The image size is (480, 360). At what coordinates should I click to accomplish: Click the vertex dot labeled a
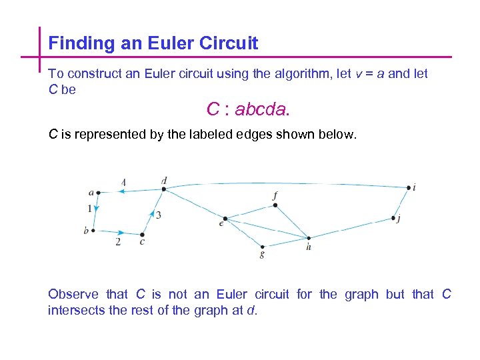tap(98, 193)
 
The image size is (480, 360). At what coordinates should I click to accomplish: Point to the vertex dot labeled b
tap(93, 231)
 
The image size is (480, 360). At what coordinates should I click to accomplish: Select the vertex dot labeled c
tap(143, 235)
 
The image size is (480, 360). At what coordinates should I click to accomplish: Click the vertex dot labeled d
tap(164, 189)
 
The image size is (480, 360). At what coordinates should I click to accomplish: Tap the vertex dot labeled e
tap(225, 219)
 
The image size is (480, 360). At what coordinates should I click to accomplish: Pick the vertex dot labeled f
tap(275, 205)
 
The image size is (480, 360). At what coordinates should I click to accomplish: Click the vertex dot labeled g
tap(263, 247)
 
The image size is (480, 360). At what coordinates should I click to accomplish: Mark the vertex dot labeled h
tap(308, 238)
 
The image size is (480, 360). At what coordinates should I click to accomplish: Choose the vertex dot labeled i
tap(409, 188)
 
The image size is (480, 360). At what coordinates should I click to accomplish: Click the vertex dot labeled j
tap(394, 218)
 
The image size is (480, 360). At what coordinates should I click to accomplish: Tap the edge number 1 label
tap(89, 209)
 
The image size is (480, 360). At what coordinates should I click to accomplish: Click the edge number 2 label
tap(118, 242)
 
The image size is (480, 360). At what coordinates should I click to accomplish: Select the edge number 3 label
tap(159, 215)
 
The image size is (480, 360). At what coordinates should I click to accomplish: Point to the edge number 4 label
tap(124, 182)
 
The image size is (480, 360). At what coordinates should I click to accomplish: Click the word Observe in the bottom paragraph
tap(73, 294)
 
